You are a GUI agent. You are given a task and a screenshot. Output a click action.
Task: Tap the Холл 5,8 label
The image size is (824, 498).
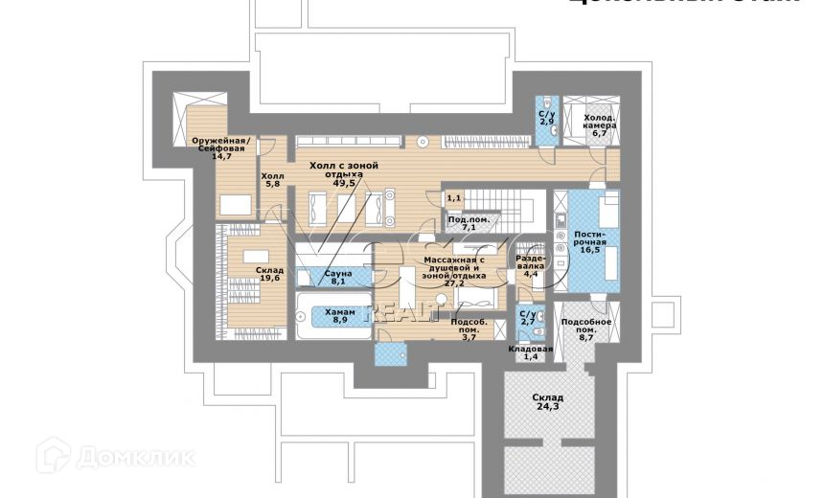click(x=273, y=181)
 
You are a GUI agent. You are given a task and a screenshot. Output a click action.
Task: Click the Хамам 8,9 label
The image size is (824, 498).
click(x=339, y=315)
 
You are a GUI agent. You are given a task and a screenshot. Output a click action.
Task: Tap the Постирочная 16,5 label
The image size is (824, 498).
click(x=588, y=242)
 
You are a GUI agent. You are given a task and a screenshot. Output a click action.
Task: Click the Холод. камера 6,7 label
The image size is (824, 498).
click(x=601, y=124)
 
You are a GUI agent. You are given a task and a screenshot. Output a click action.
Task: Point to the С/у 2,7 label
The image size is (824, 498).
click(x=527, y=317)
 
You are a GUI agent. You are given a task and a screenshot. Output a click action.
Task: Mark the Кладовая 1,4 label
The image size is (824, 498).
click(x=531, y=353)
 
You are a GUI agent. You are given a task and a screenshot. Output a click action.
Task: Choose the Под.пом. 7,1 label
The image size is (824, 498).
click(x=469, y=224)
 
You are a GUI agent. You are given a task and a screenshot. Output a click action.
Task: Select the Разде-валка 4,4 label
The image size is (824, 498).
click(x=531, y=266)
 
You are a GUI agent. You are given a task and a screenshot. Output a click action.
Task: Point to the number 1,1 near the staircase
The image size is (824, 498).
click(x=454, y=197)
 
